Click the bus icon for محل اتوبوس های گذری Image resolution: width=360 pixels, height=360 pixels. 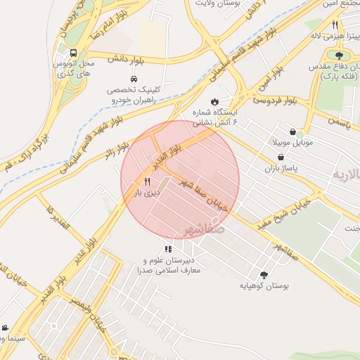tap(72, 53)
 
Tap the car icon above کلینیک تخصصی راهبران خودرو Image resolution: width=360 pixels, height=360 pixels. tap(134, 79)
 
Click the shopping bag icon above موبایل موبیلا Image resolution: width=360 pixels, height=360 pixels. tap(292, 131)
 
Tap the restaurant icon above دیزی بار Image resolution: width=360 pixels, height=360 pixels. tap(147, 181)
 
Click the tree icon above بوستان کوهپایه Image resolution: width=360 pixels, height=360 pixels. tap(264, 276)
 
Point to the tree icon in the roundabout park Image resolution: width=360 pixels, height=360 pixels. tap(339, 53)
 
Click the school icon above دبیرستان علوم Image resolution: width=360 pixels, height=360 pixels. tap(168, 248)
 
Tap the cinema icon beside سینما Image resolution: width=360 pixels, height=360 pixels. tap(5, 328)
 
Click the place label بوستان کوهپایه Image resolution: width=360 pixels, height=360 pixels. tap(266, 286)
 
